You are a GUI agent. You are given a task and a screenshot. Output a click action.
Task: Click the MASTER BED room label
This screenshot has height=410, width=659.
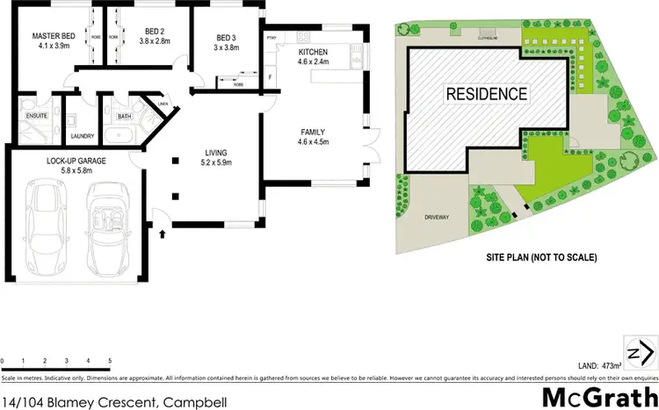point(51,36)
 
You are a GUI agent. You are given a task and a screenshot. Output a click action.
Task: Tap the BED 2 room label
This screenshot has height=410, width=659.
point(156,32)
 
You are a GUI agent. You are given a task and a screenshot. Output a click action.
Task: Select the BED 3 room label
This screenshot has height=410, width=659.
point(228,37)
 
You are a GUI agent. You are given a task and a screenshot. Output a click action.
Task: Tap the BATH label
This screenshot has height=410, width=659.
point(124,115)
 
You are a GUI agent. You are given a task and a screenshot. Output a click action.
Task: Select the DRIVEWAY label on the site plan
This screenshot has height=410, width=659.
point(436,215)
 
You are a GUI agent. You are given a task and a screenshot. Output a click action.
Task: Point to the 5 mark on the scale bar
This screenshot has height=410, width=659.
point(110,361)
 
